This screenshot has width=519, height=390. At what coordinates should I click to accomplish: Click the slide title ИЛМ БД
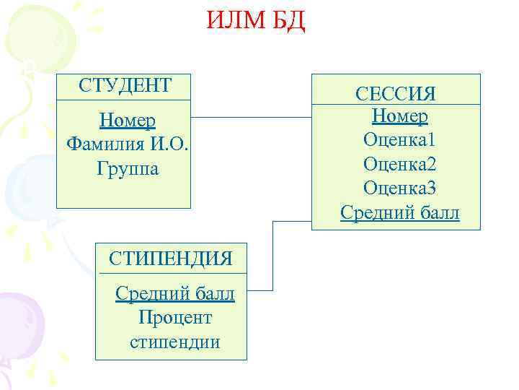(257, 21)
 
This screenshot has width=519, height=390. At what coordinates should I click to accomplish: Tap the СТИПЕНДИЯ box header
(171, 259)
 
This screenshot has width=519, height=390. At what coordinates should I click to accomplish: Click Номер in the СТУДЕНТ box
(127, 120)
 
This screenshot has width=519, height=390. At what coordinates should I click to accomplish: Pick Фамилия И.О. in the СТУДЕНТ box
(127, 144)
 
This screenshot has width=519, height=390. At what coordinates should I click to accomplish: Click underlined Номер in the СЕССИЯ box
(400, 116)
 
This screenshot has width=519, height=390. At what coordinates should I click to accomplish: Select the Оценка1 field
(400, 139)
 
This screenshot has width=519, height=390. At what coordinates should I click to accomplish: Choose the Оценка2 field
(400, 164)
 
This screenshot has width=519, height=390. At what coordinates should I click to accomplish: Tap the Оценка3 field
(400, 188)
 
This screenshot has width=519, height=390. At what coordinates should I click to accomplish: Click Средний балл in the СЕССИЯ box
(399, 213)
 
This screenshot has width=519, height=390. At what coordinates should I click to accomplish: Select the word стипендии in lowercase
(175, 342)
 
